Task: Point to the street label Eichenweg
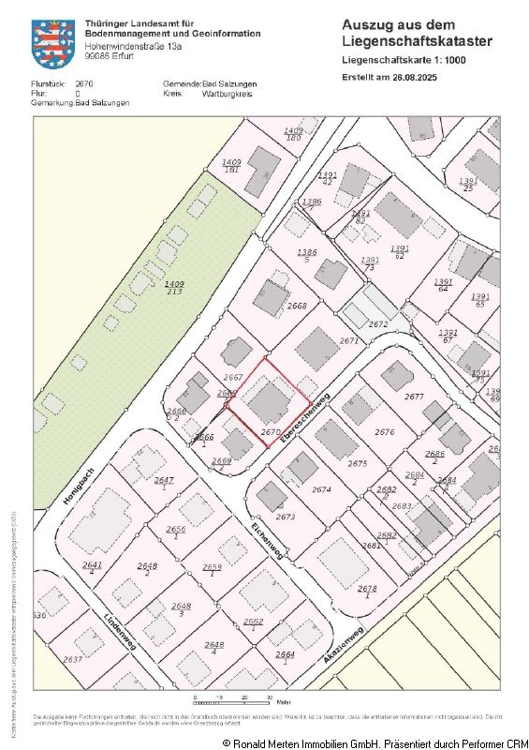[267, 541]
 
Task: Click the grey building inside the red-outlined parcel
[272, 401]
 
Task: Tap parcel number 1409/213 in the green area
[173, 287]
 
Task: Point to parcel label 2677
[414, 397]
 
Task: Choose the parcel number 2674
[321, 489]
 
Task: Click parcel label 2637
[72, 659]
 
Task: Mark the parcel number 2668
[297, 306]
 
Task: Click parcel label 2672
[377, 323]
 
